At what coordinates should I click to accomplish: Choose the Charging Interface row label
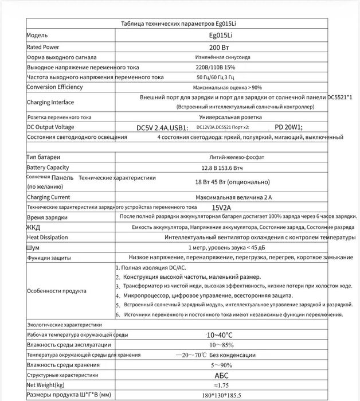50,102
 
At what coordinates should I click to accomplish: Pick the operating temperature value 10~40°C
219,334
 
